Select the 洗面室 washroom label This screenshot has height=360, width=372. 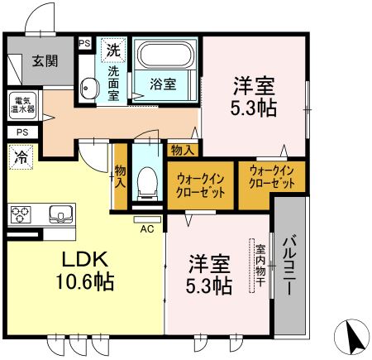click(x=114, y=83)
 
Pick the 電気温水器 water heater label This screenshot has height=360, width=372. click(x=23, y=103)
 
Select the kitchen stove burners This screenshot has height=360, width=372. click(x=21, y=214)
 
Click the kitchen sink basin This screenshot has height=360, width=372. click(x=60, y=214)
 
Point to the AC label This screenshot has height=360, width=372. click(x=147, y=228)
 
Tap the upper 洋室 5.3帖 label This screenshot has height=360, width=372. click(x=252, y=96)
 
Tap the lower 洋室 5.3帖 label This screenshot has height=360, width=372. click(x=207, y=275)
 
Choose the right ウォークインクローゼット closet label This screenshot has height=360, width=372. click(x=272, y=175)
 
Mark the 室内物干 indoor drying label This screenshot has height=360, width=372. click(x=259, y=264)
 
